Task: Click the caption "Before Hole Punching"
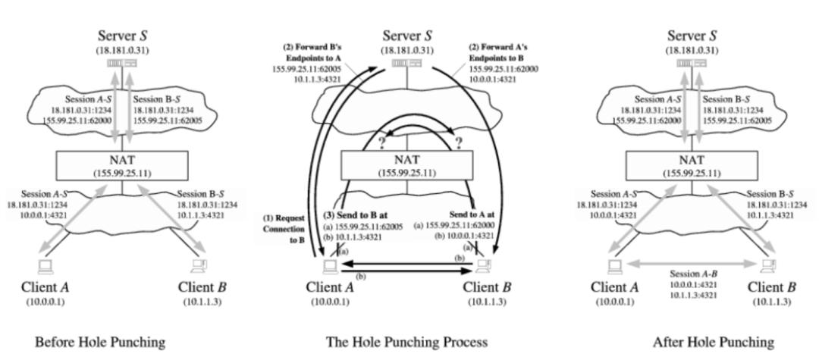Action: coord(100,343)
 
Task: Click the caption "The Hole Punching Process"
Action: coord(406,343)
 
